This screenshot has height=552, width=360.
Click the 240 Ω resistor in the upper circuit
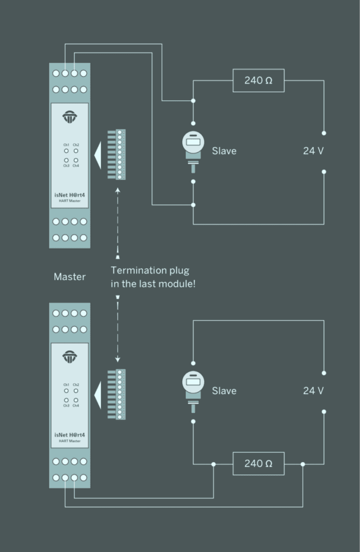[258, 80]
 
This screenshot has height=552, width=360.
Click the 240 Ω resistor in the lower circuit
[258, 463]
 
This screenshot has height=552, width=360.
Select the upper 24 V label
[313, 151]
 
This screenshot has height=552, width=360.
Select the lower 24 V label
[313, 391]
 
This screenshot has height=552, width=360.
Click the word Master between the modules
[70, 277]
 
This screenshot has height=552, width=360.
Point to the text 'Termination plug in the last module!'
[153, 277]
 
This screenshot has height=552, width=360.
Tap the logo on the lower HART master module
[70, 357]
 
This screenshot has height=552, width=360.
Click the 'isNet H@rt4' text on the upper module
[70, 195]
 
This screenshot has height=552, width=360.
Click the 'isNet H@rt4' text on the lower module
[70, 434]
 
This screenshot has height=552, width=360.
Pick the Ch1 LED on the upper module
[66, 151]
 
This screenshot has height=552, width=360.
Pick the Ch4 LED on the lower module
[76, 399]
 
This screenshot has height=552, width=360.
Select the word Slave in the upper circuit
[224, 151]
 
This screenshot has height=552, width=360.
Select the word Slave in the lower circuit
[224, 391]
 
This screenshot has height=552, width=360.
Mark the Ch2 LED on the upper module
[76, 151]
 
